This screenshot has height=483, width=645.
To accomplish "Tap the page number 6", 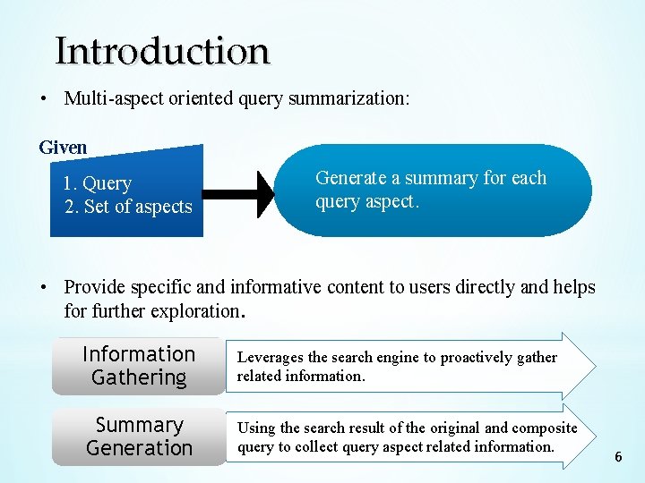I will pyautogui.click(x=618, y=457).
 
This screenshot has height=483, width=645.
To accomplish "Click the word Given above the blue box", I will pyautogui.click(x=63, y=148).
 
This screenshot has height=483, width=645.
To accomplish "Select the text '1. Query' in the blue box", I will pyautogui.click(x=97, y=183).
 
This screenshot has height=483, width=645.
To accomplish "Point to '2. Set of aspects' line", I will pyautogui.click(x=128, y=207).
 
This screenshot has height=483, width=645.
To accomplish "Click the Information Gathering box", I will pyautogui.click(x=139, y=366).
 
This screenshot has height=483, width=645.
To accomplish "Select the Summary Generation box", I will pyautogui.click(x=139, y=436).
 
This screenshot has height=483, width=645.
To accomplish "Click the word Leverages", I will pyautogui.click(x=270, y=357).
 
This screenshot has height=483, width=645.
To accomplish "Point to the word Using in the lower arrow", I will pyautogui.click(x=256, y=428).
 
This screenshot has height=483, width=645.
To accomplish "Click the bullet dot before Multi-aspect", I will pyautogui.click(x=43, y=98).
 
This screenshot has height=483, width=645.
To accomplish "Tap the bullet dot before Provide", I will pyautogui.click(x=43, y=287).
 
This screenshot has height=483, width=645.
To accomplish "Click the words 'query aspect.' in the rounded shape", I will pyautogui.click(x=366, y=201).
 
